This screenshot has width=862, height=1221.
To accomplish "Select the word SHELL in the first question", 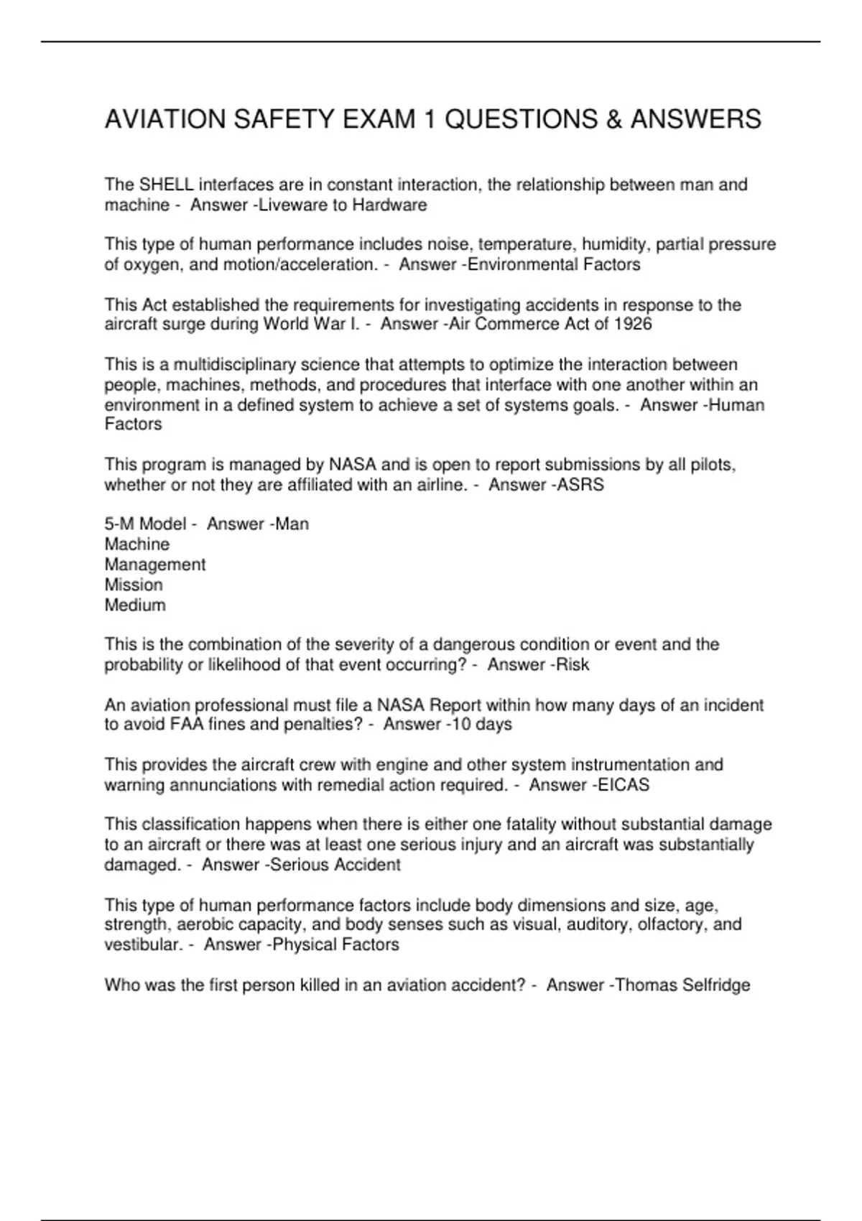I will [x=166, y=185].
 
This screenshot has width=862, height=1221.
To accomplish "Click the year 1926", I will [x=633, y=324].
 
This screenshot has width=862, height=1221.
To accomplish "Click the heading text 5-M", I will [x=119, y=524].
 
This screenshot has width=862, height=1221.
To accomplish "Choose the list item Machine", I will [x=137, y=544].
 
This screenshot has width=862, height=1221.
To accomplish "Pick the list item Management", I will [x=155, y=565].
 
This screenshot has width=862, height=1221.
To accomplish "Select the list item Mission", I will [x=134, y=585].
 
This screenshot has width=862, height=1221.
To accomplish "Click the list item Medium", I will [x=135, y=605].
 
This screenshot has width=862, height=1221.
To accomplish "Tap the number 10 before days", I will [x=460, y=724].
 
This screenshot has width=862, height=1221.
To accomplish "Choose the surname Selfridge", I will [x=716, y=985].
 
